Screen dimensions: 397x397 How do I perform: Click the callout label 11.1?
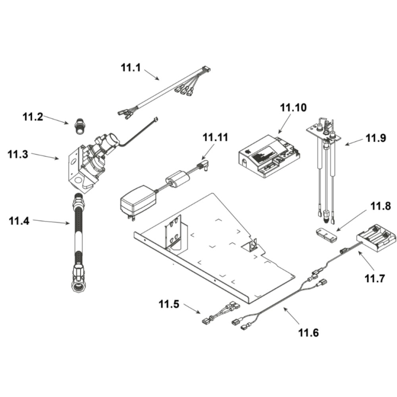point(131,67)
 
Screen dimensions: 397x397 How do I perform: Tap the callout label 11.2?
point(33,117)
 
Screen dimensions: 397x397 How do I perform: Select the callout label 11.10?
point(293,107)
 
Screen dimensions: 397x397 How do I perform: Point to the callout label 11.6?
point(308,332)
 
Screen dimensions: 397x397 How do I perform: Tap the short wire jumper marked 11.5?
point(220,313)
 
